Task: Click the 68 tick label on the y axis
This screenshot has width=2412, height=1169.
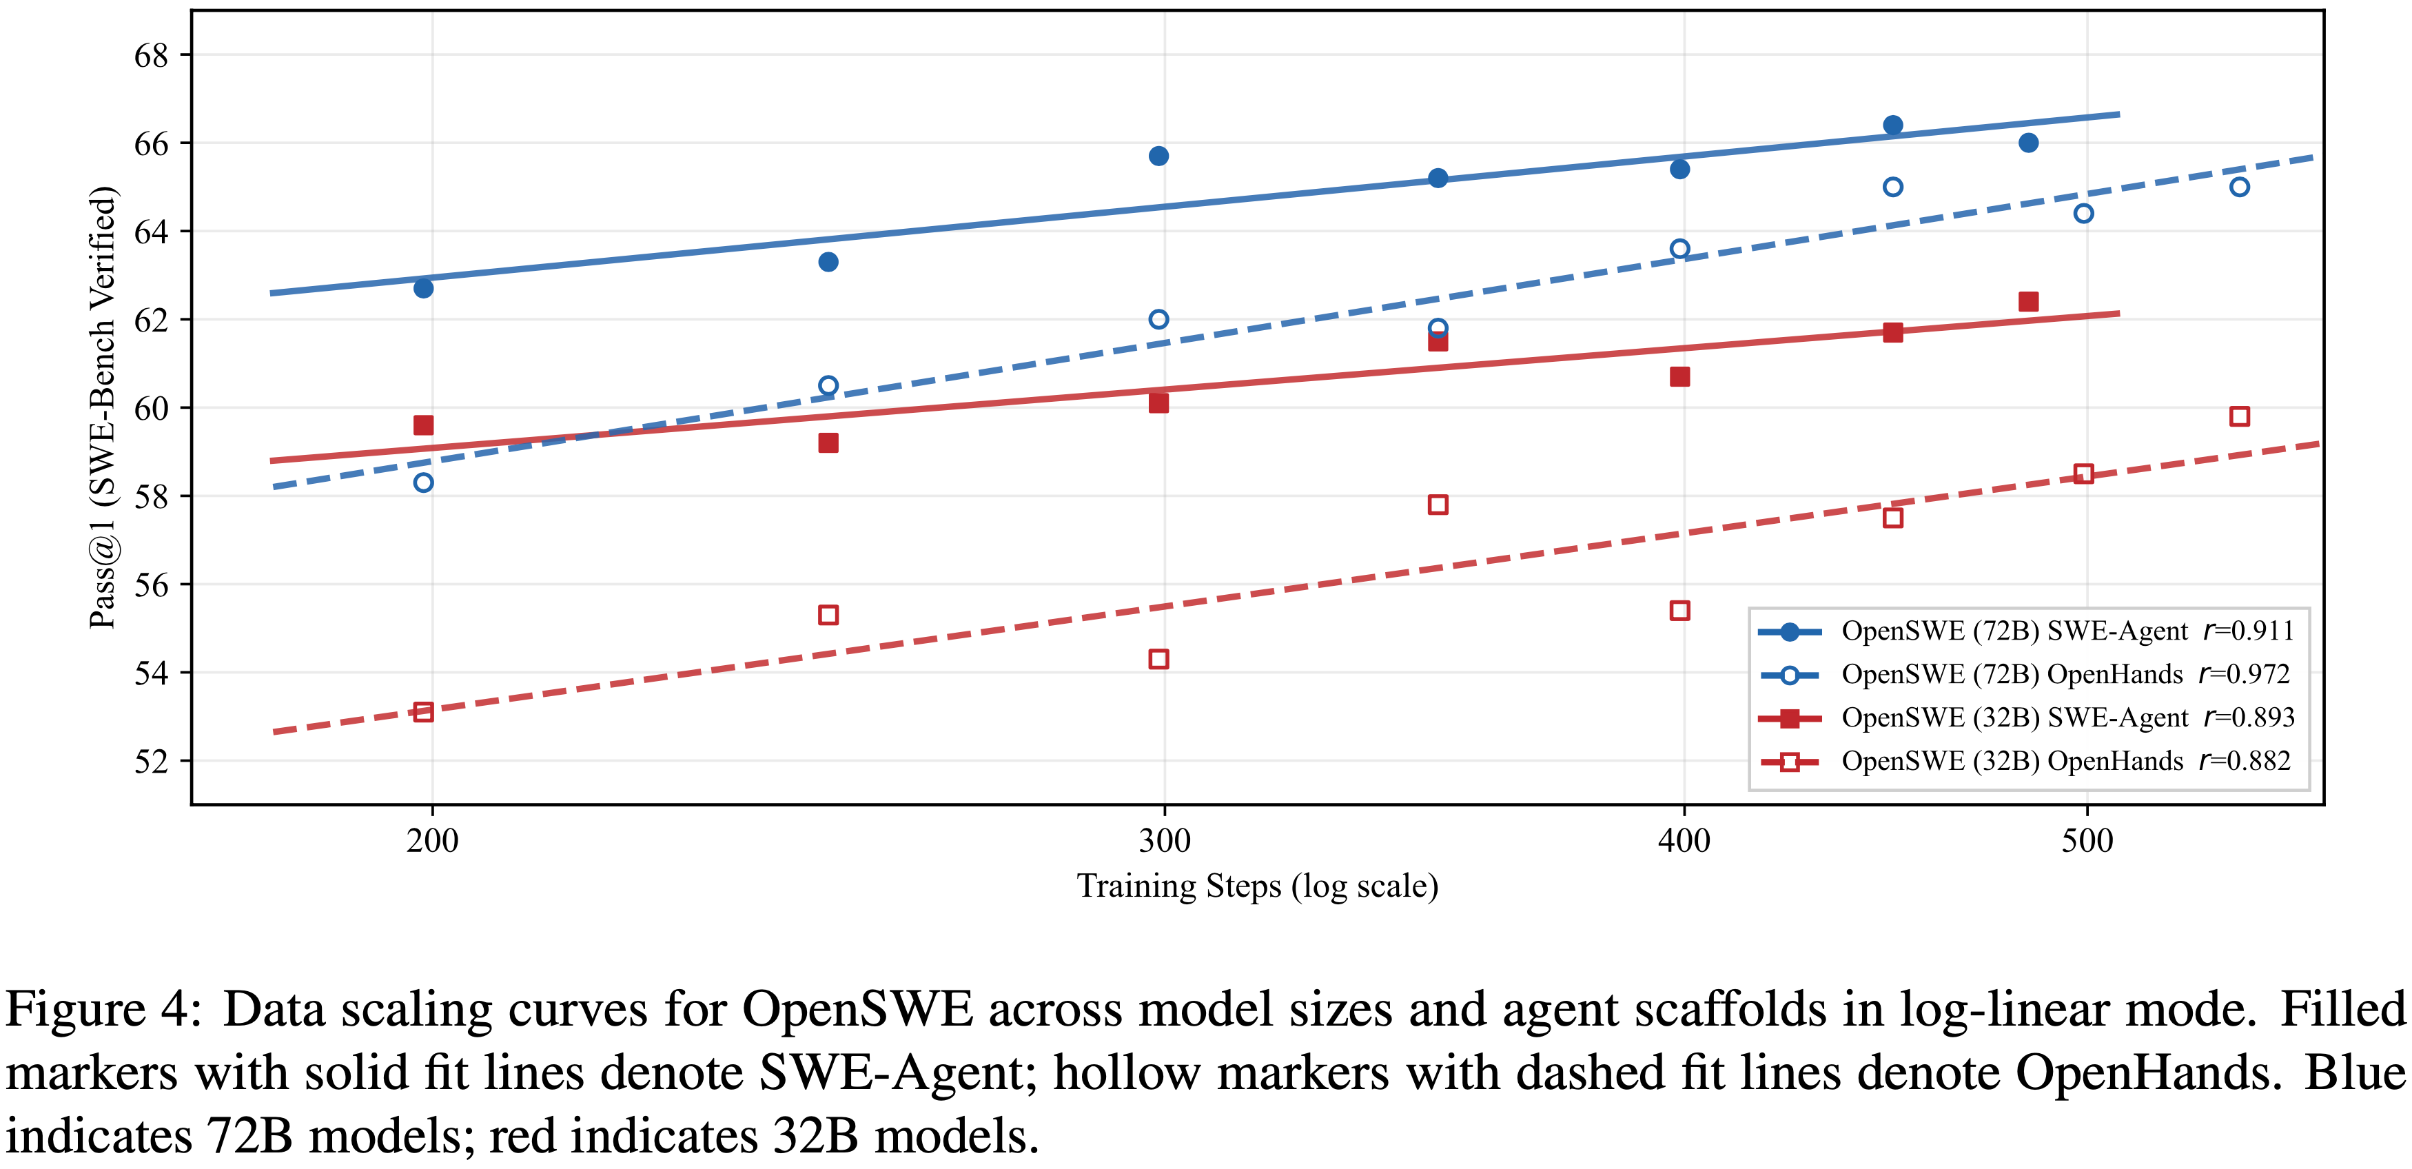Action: pos(151,55)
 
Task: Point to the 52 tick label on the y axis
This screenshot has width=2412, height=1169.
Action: pos(151,760)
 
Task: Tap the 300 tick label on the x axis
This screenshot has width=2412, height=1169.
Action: pos(1164,840)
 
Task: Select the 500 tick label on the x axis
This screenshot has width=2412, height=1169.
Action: pos(2087,840)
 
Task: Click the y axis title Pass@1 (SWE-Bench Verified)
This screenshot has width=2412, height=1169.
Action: pos(102,407)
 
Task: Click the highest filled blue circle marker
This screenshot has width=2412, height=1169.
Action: pos(1892,125)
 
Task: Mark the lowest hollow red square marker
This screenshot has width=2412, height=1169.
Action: pos(423,712)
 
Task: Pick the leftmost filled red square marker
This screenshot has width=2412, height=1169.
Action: pos(423,425)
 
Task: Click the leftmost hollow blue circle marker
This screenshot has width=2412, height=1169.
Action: pos(423,482)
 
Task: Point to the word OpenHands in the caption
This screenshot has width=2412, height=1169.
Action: pos(2148,1073)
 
